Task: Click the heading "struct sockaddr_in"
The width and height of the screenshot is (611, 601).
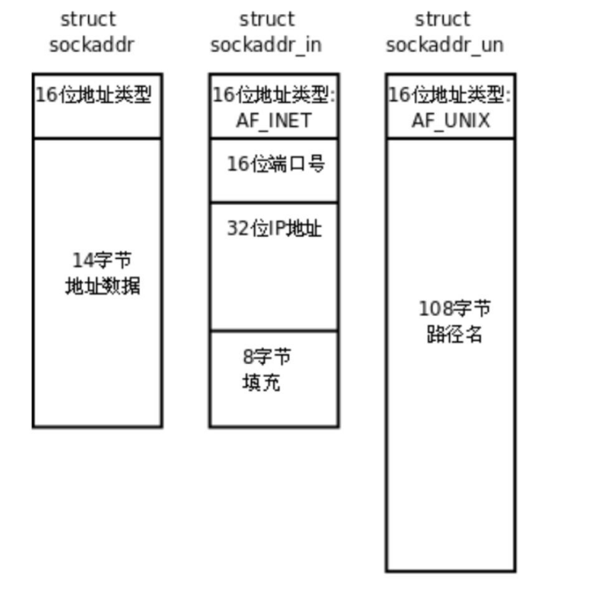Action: [x=266, y=32]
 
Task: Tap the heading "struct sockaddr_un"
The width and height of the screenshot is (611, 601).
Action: [x=444, y=32]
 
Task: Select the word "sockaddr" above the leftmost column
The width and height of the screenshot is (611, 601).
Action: [x=91, y=45]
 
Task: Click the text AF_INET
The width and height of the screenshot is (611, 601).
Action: [x=273, y=121]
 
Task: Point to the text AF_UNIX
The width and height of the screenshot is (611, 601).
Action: [x=450, y=121]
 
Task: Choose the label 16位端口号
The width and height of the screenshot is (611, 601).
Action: [x=275, y=163]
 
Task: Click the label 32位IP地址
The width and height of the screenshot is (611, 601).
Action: [x=274, y=228]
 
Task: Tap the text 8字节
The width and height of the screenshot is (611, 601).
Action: [x=267, y=357]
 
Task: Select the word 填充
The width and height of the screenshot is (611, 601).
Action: [x=261, y=383]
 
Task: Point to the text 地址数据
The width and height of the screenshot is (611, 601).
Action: [x=102, y=287]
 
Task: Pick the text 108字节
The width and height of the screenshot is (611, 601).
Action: [x=455, y=309]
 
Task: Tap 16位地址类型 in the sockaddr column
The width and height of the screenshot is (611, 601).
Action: [x=94, y=95]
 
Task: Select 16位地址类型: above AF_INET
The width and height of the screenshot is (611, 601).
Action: [x=273, y=95]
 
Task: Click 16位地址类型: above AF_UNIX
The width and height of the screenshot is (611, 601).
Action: [x=449, y=95]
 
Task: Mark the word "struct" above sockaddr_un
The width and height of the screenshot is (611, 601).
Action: [x=442, y=19]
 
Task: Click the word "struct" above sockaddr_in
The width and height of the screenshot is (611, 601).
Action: [x=266, y=19]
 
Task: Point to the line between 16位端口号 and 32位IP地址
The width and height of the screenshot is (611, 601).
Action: [x=273, y=202]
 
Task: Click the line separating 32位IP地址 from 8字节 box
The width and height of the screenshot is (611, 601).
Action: [x=273, y=331]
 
